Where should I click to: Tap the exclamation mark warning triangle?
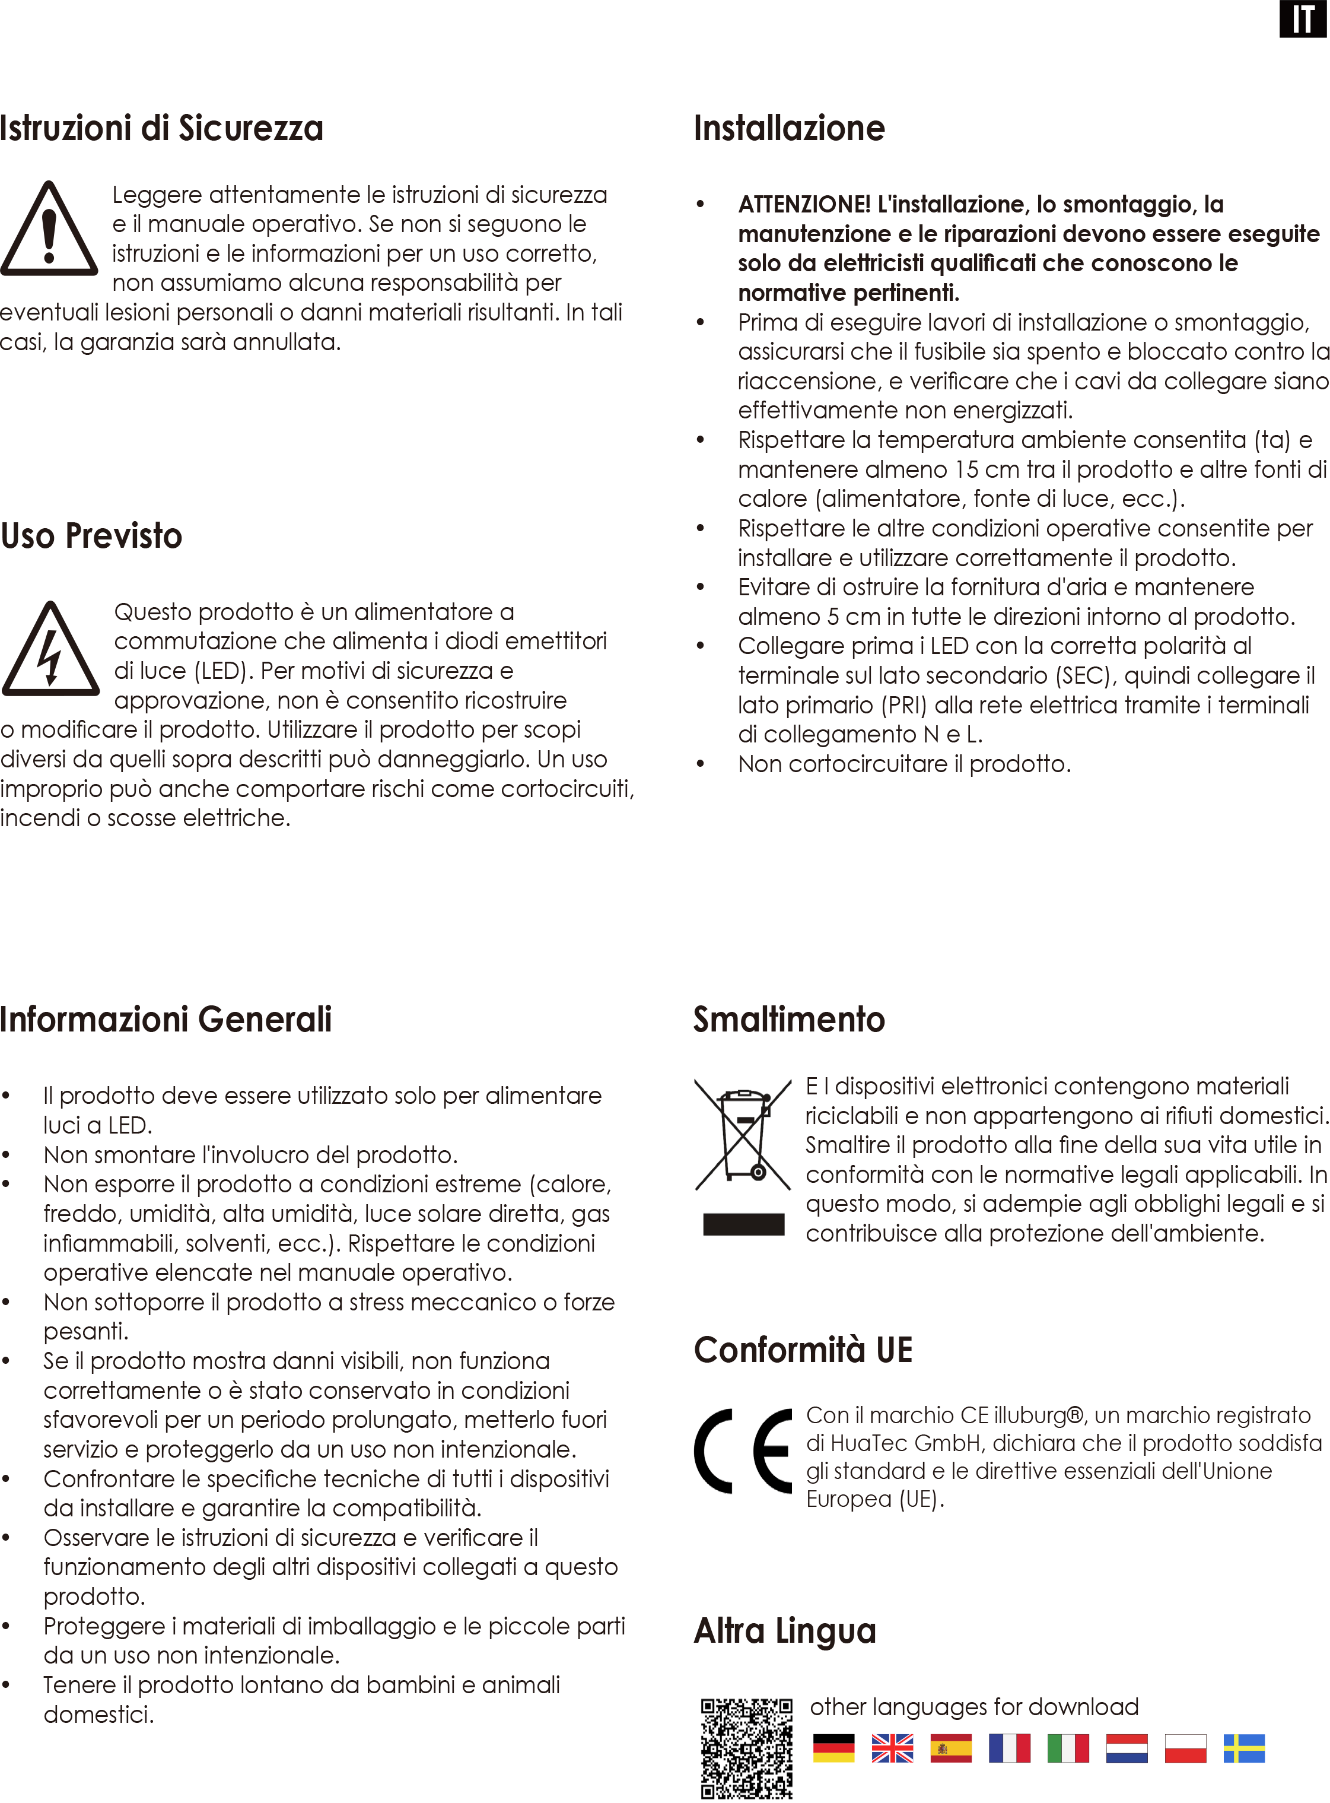(49, 230)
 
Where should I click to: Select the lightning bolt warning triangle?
(51, 650)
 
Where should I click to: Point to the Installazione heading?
(789, 129)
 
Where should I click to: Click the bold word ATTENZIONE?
(803, 205)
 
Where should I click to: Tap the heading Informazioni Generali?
(166, 1020)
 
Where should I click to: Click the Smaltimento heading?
(789, 1020)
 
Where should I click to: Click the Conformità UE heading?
(803, 1350)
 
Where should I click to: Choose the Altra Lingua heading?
(785, 1631)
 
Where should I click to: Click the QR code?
(746, 1747)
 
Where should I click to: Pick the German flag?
(833, 1748)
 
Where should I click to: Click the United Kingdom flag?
(892, 1748)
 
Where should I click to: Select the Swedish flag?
(1244, 1748)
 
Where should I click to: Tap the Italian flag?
(1068, 1748)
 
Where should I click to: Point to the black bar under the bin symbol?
(743, 1224)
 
